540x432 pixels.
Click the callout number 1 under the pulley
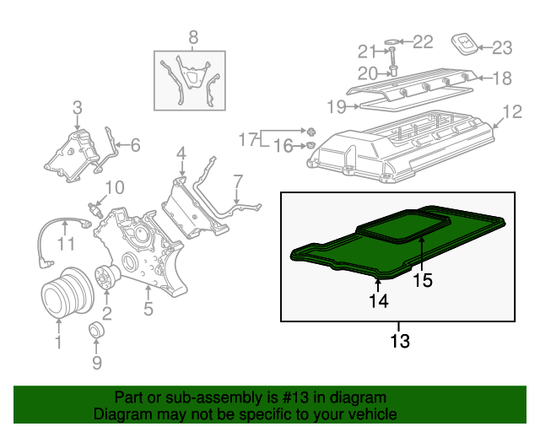tap(58, 342)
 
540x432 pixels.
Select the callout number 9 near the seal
tap(96, 363)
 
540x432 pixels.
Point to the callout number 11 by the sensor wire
tap(67, 244)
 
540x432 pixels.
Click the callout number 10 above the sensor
tap(114, 186)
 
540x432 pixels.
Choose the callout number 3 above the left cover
tap(77, 107)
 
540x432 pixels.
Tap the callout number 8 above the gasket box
tap(192, 36)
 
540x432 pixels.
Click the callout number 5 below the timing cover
tap(148, 310)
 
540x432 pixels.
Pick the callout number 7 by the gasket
tap(238, 181)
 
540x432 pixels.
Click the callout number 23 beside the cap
tap(502, 46)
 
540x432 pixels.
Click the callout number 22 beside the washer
tap(422, 40)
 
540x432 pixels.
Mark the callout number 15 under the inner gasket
tap(422, 280)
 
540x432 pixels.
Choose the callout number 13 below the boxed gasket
tap(398, 341)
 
